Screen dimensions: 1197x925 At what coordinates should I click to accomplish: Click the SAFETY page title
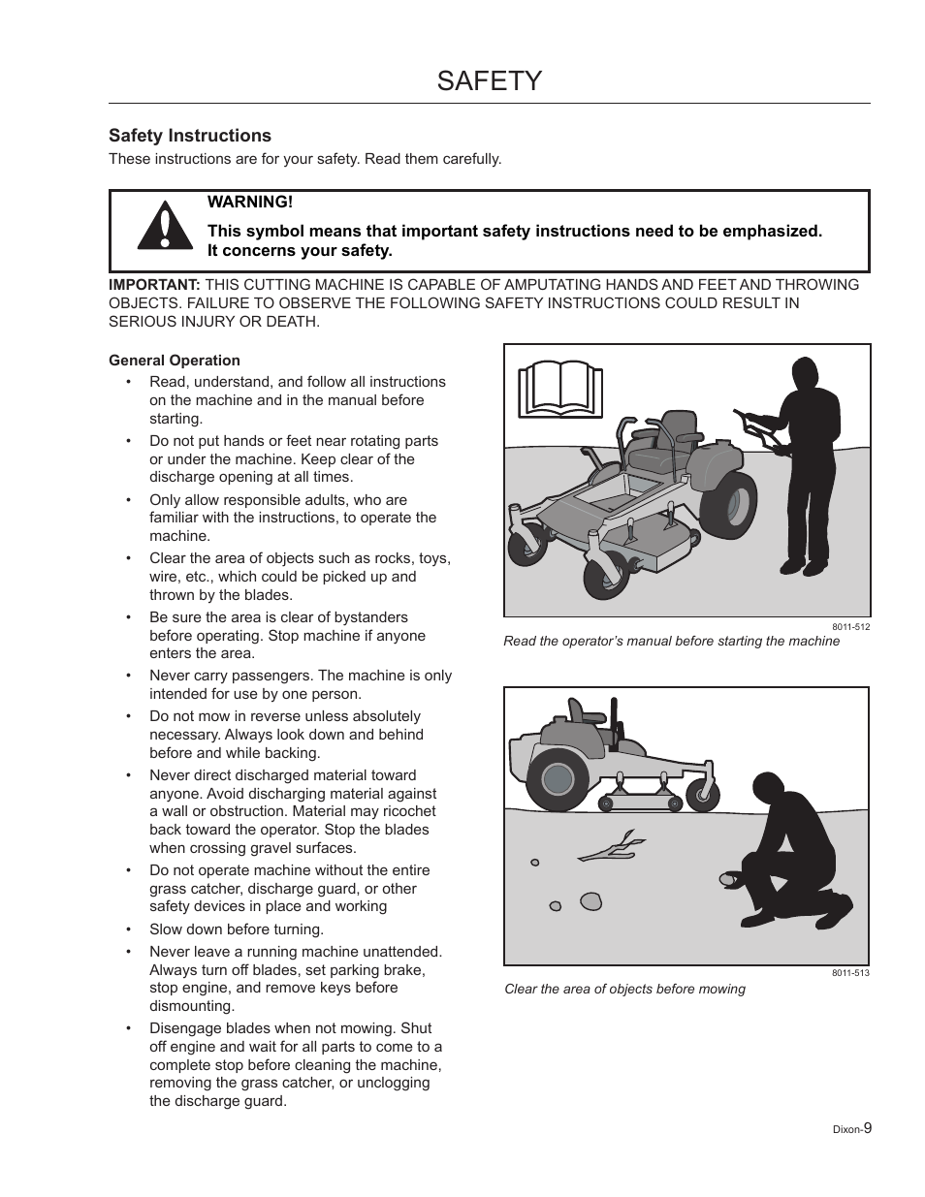(489, 80)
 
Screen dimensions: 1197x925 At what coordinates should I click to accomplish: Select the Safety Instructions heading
(190, 136)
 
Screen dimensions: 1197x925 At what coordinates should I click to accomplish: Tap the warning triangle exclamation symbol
(163, 231)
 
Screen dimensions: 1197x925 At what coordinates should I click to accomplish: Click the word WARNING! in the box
(249, 202)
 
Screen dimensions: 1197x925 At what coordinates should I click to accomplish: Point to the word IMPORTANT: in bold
(154, 285)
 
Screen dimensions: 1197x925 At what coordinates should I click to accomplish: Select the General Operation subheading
(175, 361)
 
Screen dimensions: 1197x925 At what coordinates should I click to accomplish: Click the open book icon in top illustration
(560, 389)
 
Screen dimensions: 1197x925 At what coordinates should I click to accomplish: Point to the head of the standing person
(804, 374)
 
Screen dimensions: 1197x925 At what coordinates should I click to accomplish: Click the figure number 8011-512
(850, 627)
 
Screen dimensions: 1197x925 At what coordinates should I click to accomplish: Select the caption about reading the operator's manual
(671, 642)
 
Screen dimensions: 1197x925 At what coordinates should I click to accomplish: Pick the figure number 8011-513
(850, 973)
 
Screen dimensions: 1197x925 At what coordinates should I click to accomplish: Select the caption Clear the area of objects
(624, 989)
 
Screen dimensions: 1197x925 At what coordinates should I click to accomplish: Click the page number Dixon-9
(853, 1128)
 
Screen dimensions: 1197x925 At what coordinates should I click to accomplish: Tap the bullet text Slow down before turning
(237, 929)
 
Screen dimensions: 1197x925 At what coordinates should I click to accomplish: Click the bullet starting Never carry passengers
(300, 684)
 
